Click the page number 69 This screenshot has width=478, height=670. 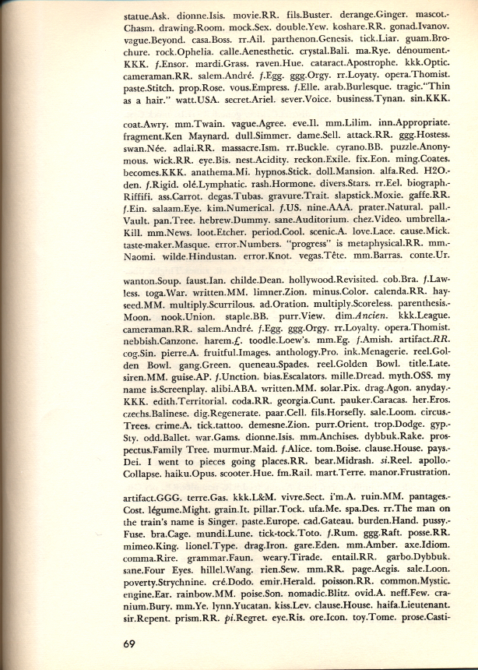click(x=132, y=644)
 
